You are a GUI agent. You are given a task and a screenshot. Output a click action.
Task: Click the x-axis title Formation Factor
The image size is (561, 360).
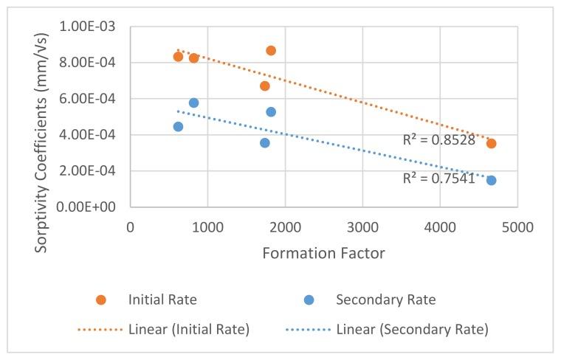click(323, 252)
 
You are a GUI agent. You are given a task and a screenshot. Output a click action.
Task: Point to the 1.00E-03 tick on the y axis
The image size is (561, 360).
click(98, 27)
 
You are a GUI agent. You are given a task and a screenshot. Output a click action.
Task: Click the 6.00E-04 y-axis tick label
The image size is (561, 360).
click(98, 99)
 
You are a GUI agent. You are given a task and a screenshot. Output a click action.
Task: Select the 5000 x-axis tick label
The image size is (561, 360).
click(517, 225)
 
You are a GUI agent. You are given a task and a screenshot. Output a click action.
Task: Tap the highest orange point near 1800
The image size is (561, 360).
click(271, 50)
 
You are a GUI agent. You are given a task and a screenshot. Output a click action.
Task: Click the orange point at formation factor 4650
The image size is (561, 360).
click(491, 143)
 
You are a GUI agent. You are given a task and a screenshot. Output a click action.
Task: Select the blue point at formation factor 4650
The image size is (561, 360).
click(491, 180)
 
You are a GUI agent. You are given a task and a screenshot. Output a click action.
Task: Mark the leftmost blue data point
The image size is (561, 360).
click(178, 127)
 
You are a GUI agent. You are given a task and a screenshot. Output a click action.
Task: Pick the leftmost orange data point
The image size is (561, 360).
click(178, 57)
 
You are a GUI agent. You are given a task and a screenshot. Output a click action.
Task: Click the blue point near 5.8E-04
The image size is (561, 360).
click(193, 103)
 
